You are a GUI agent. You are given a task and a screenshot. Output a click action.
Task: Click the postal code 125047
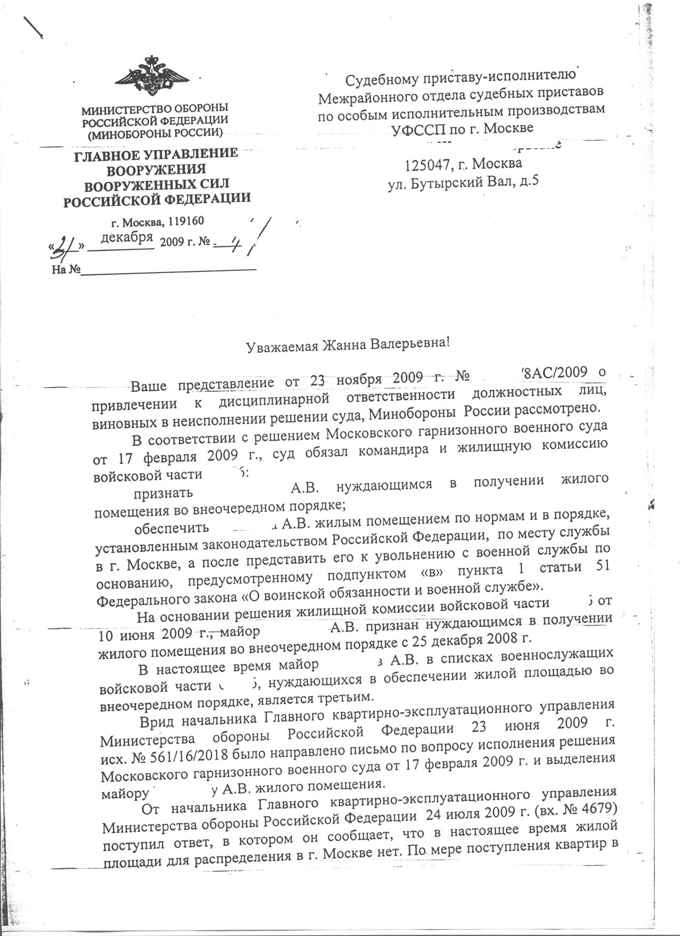coord(427,163)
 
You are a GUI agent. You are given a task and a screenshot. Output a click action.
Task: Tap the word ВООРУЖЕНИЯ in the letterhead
coord(156,170)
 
